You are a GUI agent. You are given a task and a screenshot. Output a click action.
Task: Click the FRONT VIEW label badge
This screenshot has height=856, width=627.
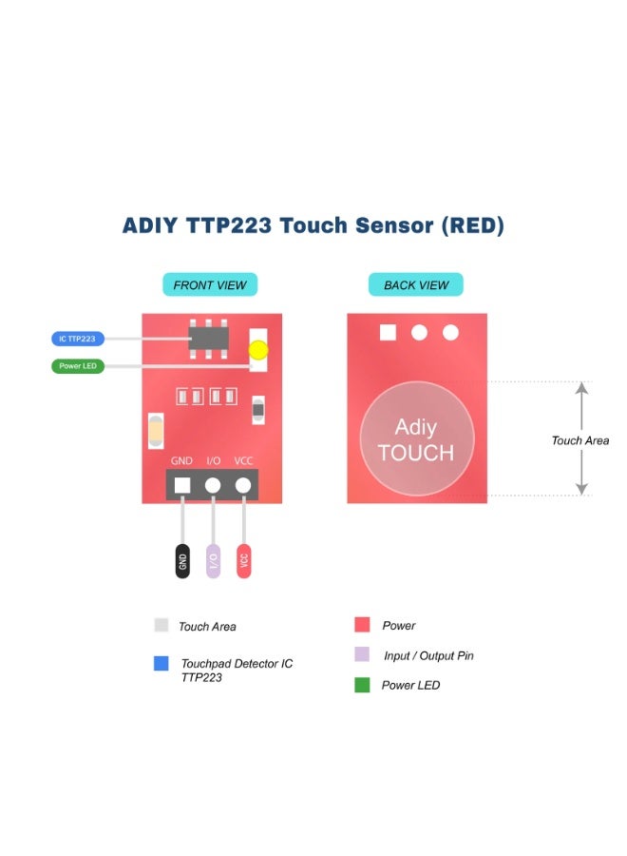pyautogui.click(x=210, y=284)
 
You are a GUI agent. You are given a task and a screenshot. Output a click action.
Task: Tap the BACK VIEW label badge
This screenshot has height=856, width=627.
pyautogui.click(x=416, y=284)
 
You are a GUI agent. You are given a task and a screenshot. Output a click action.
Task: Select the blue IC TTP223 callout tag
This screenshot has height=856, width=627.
pyautogui.click(x=78, y=339)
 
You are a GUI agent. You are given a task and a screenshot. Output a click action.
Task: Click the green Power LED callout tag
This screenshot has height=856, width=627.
pyautogui.click(x=78, y=366)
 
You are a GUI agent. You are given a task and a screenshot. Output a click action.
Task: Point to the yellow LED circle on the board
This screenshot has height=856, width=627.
pyautogui.click(x=258, y=349)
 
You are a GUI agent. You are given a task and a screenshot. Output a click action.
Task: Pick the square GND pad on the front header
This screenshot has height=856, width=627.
pyautogui.click(x=182, y=485)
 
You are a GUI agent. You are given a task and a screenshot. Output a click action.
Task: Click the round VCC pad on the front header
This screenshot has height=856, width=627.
pyautogui.click(x=244, y=485)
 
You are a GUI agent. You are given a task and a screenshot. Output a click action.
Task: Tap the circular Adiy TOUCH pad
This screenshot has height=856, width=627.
pyautogui.click(x=416, y=438)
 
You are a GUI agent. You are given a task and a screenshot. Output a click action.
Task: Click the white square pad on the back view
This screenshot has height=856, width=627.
pyautogui.click(x=387, y=332)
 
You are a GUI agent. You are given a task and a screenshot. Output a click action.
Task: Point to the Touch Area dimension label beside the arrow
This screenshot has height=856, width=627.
pyautogui.click(x=579, y=440)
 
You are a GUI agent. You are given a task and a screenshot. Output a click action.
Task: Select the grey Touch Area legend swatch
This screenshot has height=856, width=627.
pyautogui.click(x=161, y=626)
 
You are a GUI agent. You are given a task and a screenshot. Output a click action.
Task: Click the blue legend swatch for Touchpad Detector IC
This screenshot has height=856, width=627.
pyautogui.click(x=161, y=664)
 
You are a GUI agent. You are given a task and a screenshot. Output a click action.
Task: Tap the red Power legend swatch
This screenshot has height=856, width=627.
pyautogui.click(x=362, y=625)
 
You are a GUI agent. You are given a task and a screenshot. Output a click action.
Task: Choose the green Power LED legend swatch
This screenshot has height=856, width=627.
pyautogui.click(x=362, y=685)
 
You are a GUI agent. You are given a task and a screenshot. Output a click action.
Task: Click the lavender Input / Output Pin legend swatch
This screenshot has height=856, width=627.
pyautogui.click(x=362, y=654)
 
